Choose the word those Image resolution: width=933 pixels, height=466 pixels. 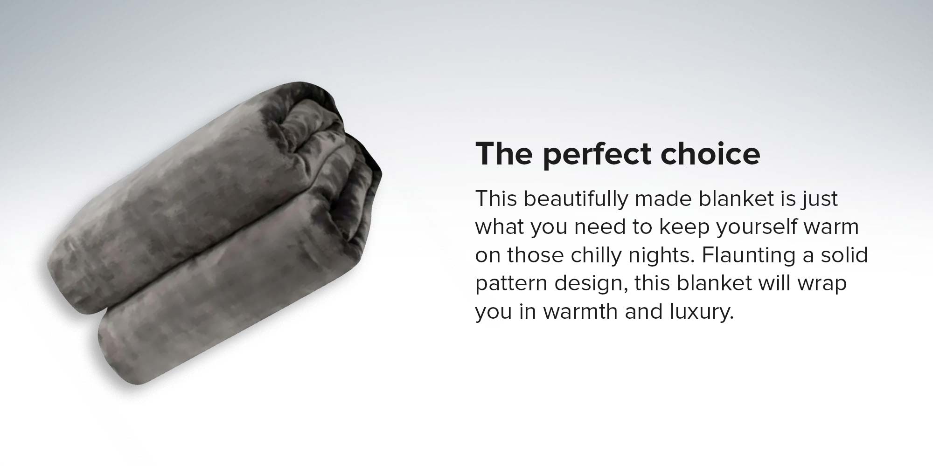click(x=536, y=255)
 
